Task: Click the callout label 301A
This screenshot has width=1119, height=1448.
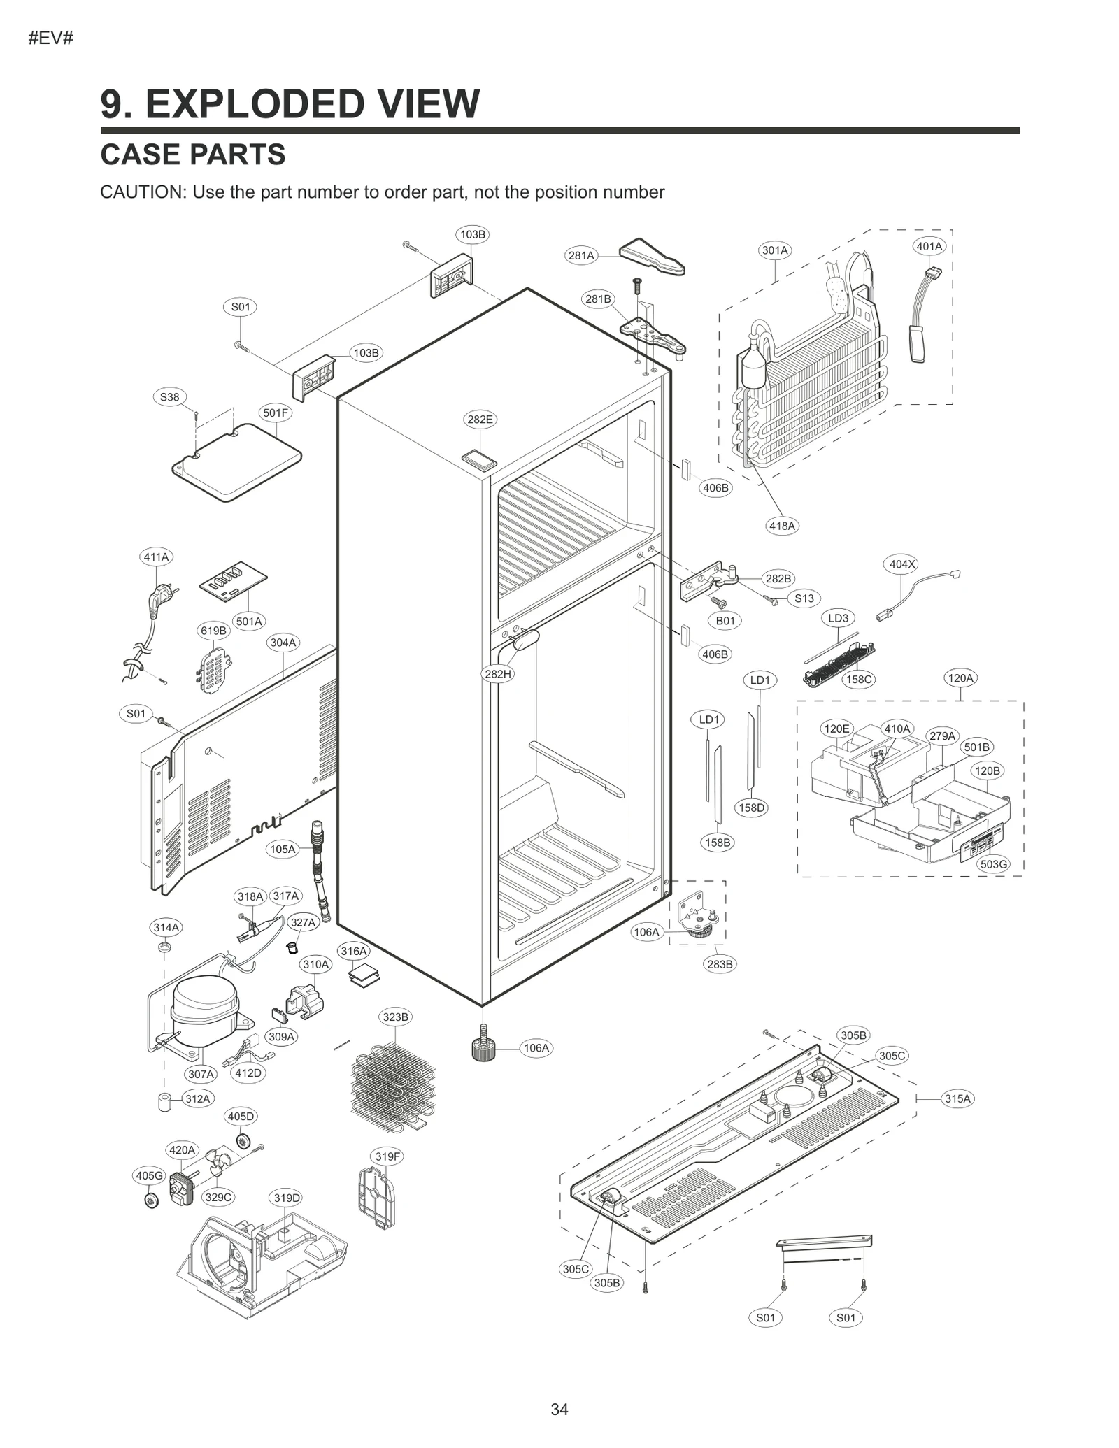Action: (x=775, y=250)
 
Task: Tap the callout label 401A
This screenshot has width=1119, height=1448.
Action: (x=929, y=246)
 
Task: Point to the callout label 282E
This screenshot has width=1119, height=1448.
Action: (x=480, y=420)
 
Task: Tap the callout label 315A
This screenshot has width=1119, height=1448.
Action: (x=957, y=1098)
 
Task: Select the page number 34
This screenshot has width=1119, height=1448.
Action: (x=559, y=1410)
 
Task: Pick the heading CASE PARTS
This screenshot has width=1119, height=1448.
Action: (x=193, y=155)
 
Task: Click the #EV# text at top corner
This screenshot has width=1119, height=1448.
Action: (x=51, y=38)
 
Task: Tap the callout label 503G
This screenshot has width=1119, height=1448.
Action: (x=993, y=864)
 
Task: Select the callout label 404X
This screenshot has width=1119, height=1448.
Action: (x=901, y=564)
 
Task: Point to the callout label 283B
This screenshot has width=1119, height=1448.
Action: (x=720, y=964)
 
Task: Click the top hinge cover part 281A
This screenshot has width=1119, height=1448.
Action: (x=652, y=257)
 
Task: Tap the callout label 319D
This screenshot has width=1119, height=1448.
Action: (x=287, y=1198)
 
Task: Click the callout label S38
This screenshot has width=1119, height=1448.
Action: (x=169, y=397)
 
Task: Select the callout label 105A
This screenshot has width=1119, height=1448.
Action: (x=283, y=850)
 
